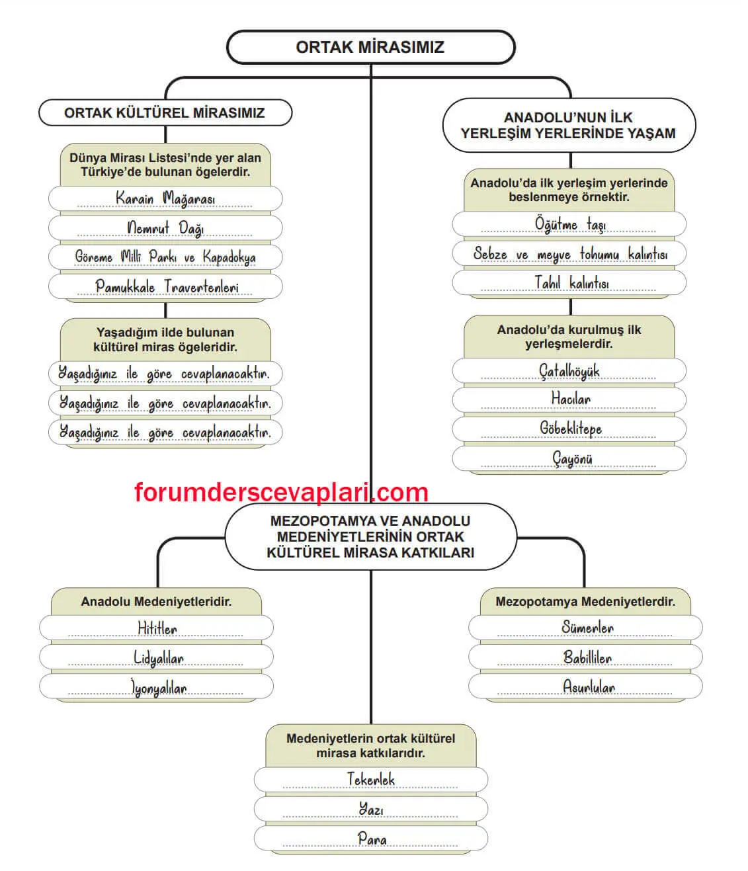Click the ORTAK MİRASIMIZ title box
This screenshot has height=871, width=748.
point(370,47)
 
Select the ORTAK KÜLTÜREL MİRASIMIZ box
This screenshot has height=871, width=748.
point(165,112)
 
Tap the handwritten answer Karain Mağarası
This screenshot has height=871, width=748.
point(165,198)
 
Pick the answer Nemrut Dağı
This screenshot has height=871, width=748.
point(165,228)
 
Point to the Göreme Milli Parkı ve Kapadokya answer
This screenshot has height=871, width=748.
point(165,257)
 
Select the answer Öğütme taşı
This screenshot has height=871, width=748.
point(569,224)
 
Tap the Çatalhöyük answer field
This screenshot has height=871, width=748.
point(569,371)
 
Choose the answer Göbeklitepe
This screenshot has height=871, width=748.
point(570,429)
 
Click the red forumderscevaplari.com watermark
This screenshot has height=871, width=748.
point(281,493)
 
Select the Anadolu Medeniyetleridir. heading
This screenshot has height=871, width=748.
point(156,602)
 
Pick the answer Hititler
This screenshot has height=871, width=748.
point(157,628)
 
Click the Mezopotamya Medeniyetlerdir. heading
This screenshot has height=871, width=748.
point(585,602)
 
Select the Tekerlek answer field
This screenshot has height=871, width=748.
point(370,780)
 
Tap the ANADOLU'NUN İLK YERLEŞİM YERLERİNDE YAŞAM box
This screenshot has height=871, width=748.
point(568,125)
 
